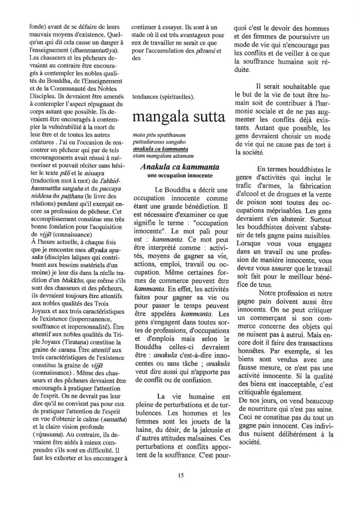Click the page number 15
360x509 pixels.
(x=181, y=476)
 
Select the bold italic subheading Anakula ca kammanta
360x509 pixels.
(x=179, y=167)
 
